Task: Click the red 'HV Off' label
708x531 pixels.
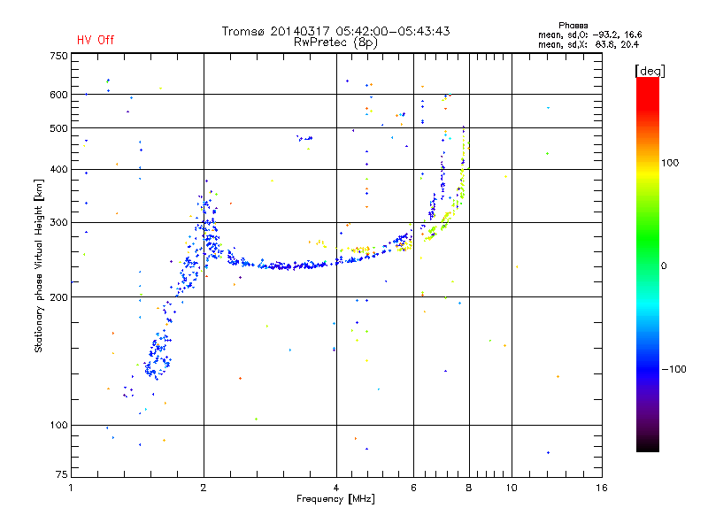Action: click(95, 40)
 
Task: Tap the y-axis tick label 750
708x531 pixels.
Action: click(58, 56)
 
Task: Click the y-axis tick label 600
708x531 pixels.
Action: click(58, 95)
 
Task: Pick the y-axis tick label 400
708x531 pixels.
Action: click(58, 169)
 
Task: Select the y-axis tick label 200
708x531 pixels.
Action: click(58, 296)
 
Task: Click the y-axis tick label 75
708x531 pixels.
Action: click(60, 478)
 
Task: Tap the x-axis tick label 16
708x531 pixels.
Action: click(602, 488)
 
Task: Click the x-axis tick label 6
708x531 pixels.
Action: click(413, 488)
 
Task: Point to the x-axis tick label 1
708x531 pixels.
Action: click(71, 488)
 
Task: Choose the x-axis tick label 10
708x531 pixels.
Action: click(511, 488)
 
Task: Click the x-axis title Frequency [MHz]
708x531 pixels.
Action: click(336, 499)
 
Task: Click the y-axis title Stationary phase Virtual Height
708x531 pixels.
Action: click(39, 265)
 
